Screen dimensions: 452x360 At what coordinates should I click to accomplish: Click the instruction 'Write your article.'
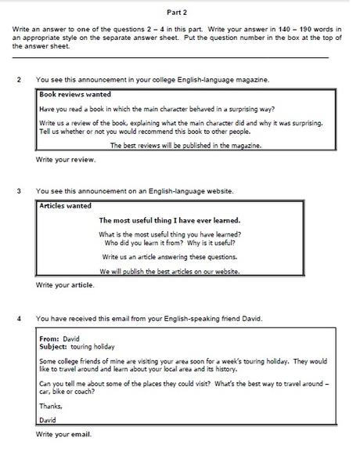click(x=66, y=284)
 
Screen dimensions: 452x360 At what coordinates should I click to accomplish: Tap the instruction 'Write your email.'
click(x=64, y=433)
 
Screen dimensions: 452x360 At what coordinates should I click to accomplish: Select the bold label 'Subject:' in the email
click(x=53, y=345)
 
